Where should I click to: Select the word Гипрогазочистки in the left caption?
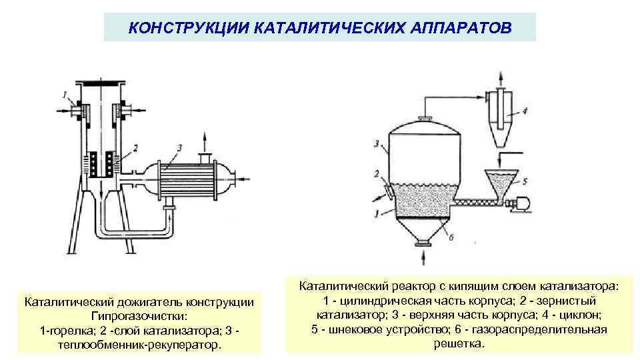point(139,316)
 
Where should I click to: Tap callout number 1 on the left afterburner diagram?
point(65,94)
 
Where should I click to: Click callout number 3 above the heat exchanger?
point(179,145)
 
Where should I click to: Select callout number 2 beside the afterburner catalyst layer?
point(135,146)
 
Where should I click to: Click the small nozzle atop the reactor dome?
point(422,119)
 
